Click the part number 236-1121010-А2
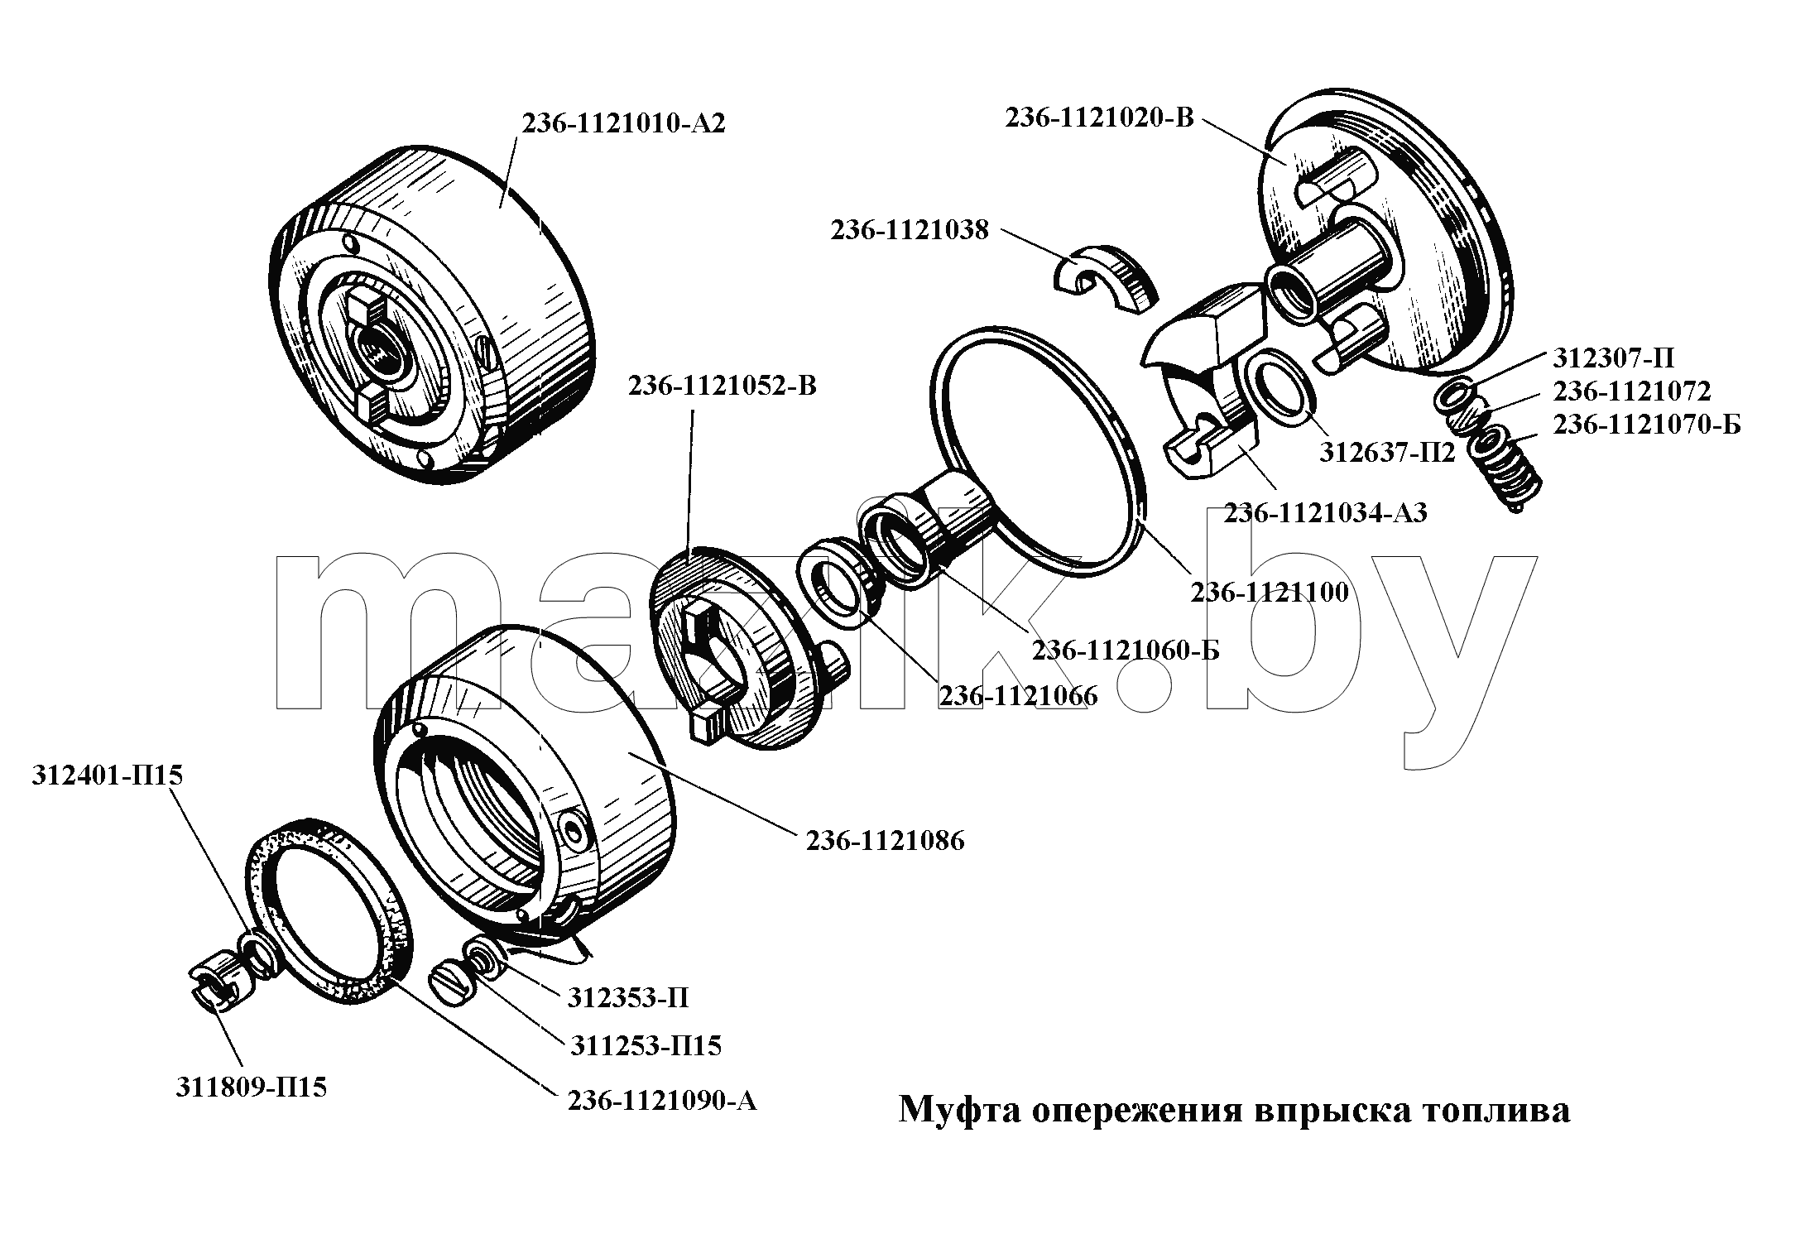[623, 123]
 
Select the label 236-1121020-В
[1100, 118]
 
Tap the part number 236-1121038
[910, 230]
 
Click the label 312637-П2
[1387, 453]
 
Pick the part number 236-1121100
[1270, 592]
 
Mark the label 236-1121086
[886, 841]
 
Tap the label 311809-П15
[251, 1087]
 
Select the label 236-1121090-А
[662, 1101]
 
